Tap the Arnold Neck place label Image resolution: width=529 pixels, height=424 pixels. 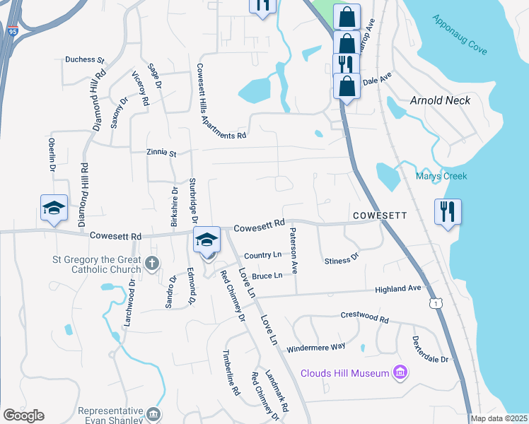coord(440,100)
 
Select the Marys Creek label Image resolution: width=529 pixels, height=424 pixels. coord(441,176)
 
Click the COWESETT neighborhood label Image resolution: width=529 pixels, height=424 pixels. coord(379,215)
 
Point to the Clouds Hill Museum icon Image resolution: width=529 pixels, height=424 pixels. coord(400,372)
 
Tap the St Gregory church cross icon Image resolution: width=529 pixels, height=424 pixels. coord(151,264)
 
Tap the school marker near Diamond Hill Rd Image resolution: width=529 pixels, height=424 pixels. coord(54,208)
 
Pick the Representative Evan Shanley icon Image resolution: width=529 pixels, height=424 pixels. coord(154,413)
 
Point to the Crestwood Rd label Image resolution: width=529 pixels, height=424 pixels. coord(365,317)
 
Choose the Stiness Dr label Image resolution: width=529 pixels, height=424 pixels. coord(342,260)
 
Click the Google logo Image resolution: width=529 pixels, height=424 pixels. coord(23,416)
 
